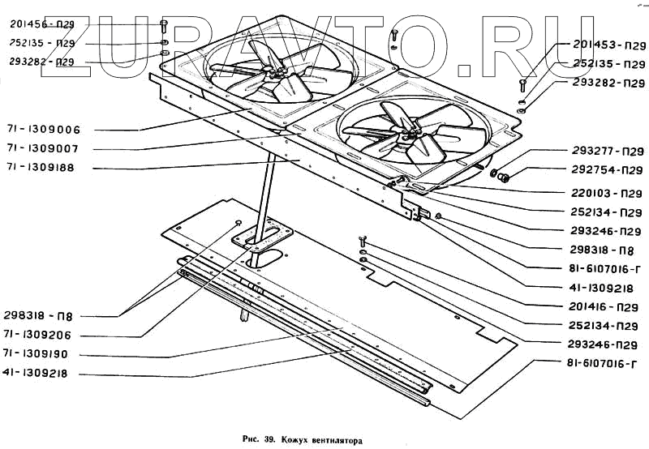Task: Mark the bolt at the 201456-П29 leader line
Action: click(x=164, y=25)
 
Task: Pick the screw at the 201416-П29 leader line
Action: click(x=363, y=240)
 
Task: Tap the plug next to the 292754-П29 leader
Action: click(x=501, y=177)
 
